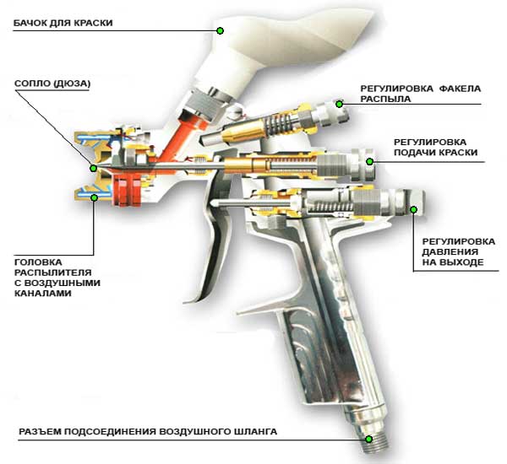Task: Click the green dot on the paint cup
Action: (220, 30)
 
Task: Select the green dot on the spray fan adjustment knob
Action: (339, 105)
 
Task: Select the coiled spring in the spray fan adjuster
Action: (279, 126)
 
